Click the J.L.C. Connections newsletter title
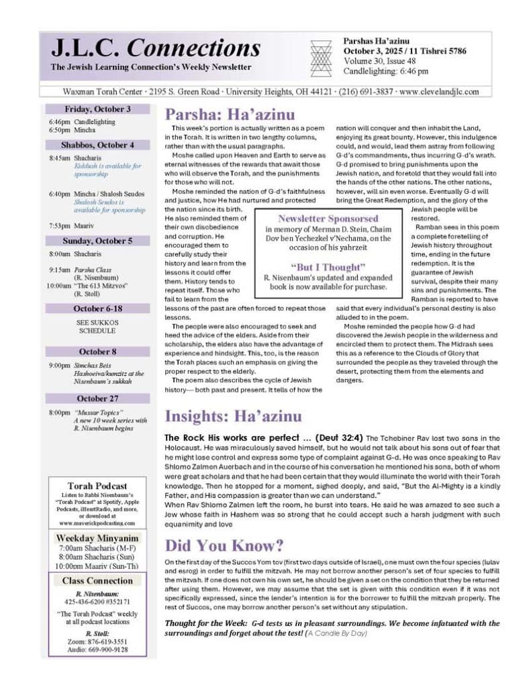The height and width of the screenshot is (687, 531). [156, 48]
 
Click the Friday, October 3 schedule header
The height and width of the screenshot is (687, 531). [98, 109]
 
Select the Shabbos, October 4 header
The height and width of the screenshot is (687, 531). [98, 145]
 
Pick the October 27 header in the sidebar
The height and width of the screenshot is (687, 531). [98, 399]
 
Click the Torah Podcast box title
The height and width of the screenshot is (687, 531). [98, 486]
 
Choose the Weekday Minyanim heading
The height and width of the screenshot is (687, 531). [98, 538]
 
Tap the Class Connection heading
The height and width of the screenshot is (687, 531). [98, 580]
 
